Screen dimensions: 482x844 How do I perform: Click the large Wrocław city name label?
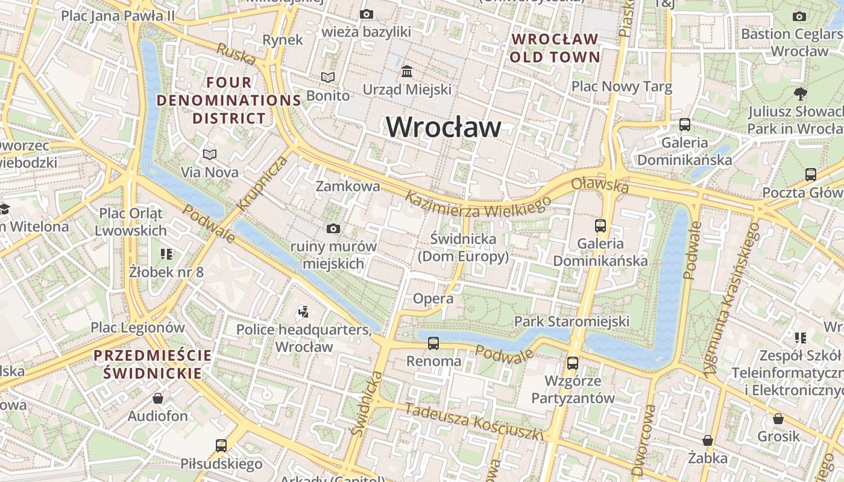pos(443,127)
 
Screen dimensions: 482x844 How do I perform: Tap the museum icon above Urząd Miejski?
pos(407,72)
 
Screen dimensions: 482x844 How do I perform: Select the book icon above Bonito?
pos(327,78)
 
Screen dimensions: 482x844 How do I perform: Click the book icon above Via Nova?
pos(209,155)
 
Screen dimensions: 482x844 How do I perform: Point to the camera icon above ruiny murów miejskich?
pos(333,228)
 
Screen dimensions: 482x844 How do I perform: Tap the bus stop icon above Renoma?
pos(433,343)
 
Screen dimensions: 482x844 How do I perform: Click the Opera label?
pos(433,299)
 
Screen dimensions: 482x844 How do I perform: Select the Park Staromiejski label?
pos(571,321)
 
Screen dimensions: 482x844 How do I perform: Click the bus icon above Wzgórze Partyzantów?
pos(572,363)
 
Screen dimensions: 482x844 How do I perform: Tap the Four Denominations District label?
pos(229,100)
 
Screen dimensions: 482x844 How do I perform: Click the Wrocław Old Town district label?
pos(555,48)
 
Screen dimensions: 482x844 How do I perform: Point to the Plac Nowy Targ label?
pos(622,87)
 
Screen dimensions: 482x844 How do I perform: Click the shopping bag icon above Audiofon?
pos(158,398)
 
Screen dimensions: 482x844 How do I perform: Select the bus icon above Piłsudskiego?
pos(221,446)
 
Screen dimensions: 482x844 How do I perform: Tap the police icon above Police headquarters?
pos(303,311)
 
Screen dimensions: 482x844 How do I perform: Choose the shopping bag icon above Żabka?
pos(708,440)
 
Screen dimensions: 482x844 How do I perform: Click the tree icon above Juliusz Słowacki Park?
pos(800,93)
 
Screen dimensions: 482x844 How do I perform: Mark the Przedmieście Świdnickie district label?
pos(153,364)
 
